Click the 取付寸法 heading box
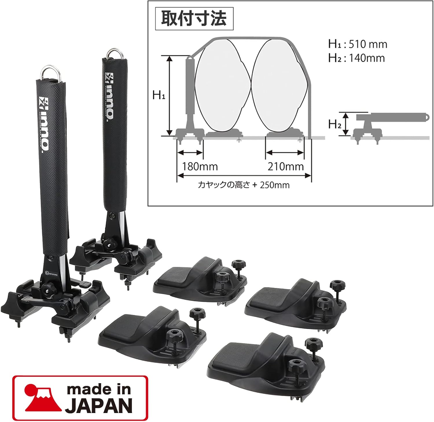tap(194, 19)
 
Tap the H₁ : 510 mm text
tap(358, 44)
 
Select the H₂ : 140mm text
tap(356, 58)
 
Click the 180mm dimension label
tap(200, 167)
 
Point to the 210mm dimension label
tap(285, 167)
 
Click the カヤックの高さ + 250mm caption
tap(244, 185)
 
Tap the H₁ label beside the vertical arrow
tap(159, 95)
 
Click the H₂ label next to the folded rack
tap(334, 124)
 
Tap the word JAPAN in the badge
tap(98, 405)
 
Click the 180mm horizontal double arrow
tap(190, 153)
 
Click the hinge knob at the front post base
tap(46, 287)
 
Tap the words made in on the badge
tap(98, 390)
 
